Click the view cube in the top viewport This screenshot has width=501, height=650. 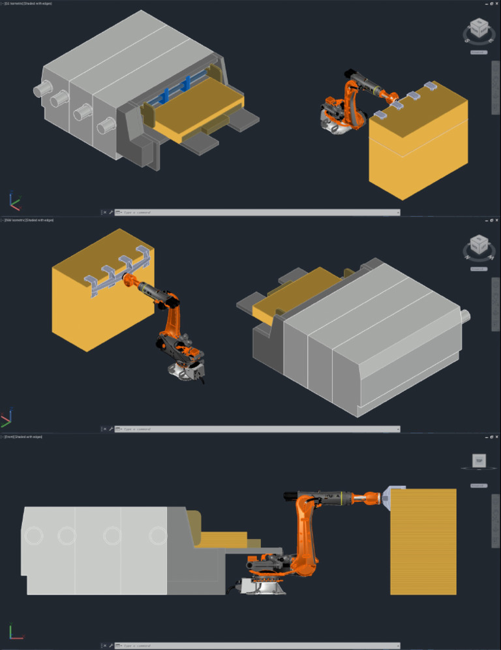(x=479, y=29)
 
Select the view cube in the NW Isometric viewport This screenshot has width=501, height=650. (x=479, y=245)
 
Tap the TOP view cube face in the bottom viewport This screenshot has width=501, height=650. (x=479, y=461)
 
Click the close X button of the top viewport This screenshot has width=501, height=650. (x=497, y=3)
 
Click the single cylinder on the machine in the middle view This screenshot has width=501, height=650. (x=466, y=315)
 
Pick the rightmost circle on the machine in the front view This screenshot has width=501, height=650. (x=158, y=536)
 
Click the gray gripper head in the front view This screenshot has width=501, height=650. (x=393, y=497)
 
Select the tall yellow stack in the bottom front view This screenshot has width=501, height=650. (x=423, y=542)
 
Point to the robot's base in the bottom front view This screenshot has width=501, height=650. (x=264, y=585)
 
